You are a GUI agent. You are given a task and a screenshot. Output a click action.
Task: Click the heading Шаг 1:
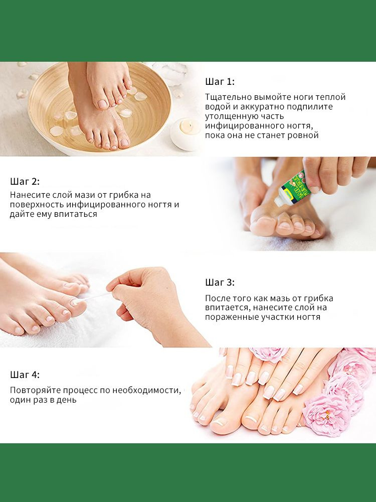(x=220, y=82)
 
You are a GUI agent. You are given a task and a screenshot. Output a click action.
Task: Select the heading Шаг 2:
(x=25, y=182)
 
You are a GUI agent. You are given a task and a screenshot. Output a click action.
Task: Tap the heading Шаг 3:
(x=220, y=282)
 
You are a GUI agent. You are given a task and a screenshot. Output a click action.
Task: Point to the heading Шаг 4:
(x=25, y=374)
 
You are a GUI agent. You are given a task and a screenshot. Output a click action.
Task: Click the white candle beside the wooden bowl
(x=185, y=134)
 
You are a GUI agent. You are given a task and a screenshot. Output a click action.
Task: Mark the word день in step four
(x=67, y=400)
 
